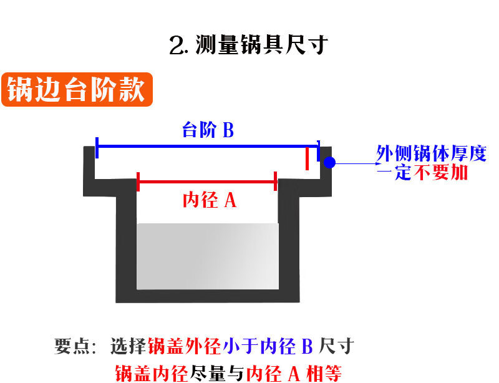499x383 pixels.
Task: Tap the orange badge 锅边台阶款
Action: pos(76,90)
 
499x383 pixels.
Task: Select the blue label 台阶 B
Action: pos(208,130)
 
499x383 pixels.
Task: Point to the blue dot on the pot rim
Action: pos(330,162)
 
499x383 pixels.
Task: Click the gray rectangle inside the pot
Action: pos(208,256)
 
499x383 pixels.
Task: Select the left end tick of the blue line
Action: pos(97,147)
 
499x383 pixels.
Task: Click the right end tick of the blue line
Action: pos(318,150)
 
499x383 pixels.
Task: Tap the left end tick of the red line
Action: pos(138,182)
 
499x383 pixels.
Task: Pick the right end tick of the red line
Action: pos(276,182)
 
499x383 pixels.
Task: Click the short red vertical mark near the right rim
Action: pos(307,158)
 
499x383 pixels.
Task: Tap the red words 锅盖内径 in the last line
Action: pos(152,373)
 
